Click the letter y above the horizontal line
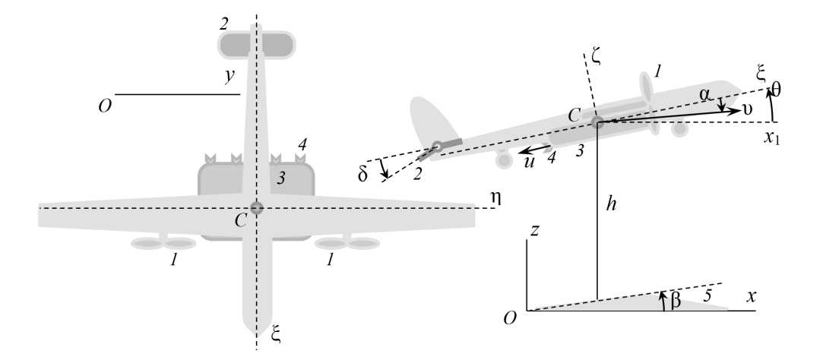coord(226,77)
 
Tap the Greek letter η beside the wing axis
coord(495,195)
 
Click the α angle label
coord(706,94)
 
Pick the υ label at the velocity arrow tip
coord(748,110)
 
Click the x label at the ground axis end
coord(751,297)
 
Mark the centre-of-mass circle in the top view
coord(257,207)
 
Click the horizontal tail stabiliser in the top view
coord(257,45)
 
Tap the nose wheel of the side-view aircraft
coord(679,130)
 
